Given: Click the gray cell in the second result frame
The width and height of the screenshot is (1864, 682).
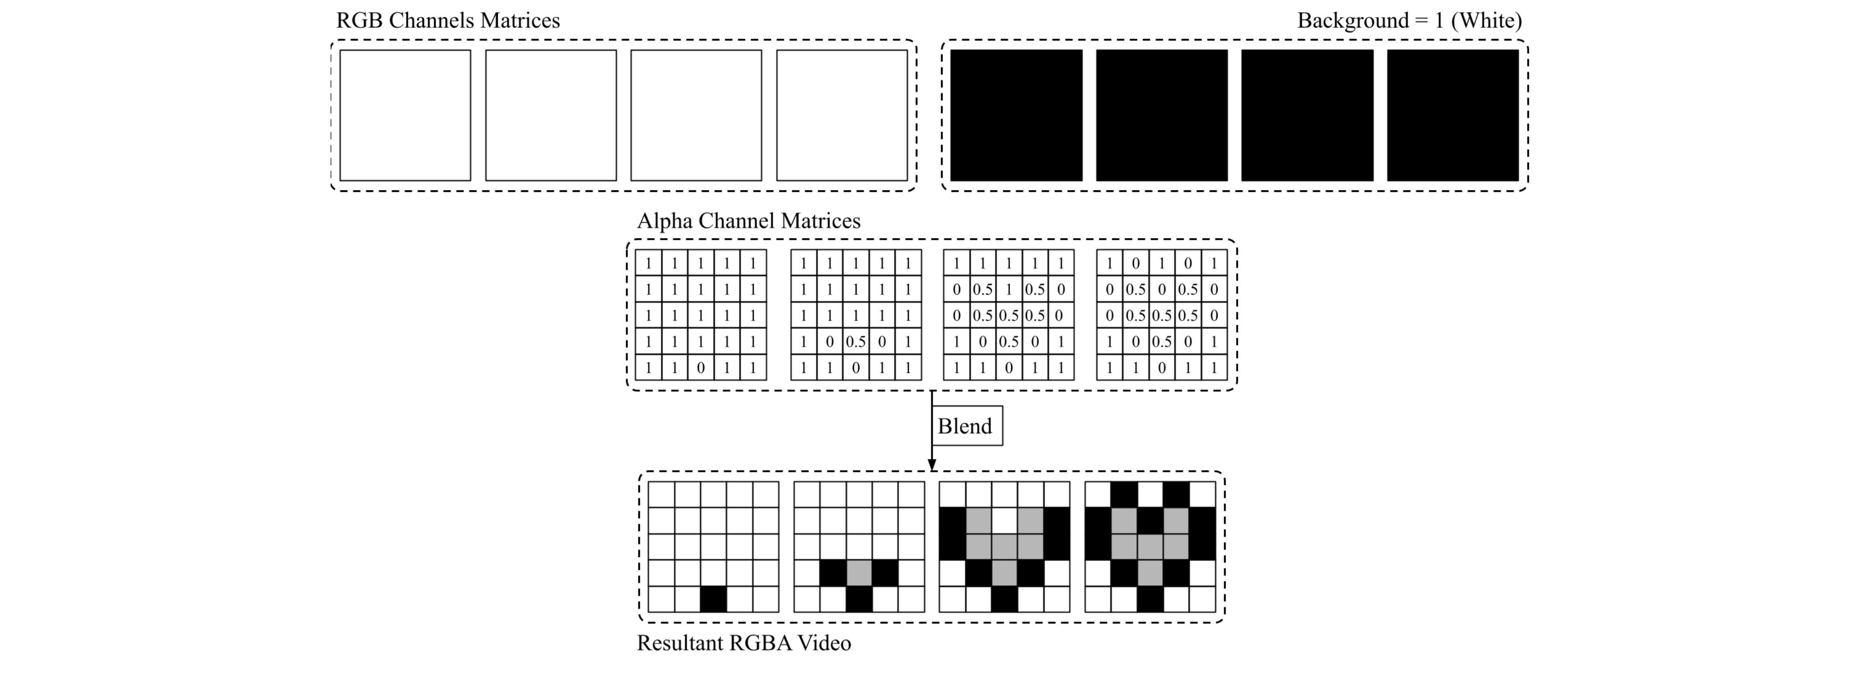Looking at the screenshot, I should click(x=859, y=573).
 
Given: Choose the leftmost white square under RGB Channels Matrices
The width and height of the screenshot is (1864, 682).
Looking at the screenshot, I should click(x=405, y=115).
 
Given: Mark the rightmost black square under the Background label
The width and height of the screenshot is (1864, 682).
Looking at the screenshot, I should click(x=1452, y=115).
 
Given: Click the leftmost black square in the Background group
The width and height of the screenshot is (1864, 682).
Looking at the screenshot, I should click(x=1016, y=115).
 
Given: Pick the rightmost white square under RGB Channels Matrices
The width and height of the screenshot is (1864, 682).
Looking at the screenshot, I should click(x=842, y=115).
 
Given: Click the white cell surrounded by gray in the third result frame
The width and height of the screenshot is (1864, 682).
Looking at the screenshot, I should click(x=1004, y=520).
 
